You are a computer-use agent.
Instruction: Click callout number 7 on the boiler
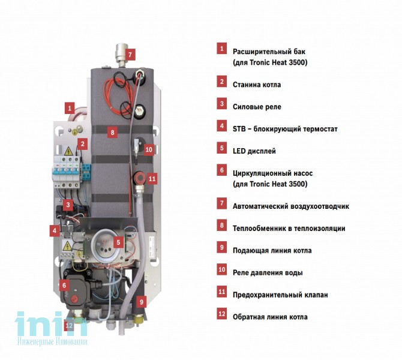(130, 55)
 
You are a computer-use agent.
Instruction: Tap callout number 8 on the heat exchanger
(112, 133)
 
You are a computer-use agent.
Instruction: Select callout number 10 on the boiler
(149, 149)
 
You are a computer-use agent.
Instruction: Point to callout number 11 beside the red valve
(152, 179)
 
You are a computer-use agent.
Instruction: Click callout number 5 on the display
(118, 242)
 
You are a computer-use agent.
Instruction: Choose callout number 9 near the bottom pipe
(141, 302)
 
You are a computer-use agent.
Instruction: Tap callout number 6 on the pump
(64, 285)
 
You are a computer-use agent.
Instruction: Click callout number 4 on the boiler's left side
(55, 231)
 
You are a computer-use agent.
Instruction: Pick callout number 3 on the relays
(68, 205)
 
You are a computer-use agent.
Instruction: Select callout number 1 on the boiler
(70, 108)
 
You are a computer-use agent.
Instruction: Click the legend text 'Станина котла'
(257, 85)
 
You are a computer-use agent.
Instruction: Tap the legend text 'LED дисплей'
(254, 151)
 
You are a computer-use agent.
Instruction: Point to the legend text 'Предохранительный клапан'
(280, 295)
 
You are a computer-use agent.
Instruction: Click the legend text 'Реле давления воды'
(268, 272)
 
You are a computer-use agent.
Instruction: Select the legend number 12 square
(222, 314)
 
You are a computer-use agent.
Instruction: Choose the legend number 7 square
(222, 203)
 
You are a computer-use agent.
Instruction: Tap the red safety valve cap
(140, 177)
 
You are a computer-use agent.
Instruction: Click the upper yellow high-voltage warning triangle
(68, 151)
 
